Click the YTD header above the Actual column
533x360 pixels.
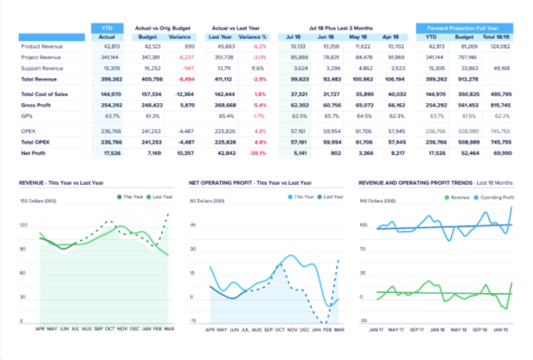pyautogui.click(x=107, y=28)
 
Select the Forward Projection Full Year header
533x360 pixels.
pyautogui.click(x=464, y=28)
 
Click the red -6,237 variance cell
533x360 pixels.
pyautogui.click(x=185, y=57)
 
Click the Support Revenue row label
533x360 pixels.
pyautogui.click(x=42, y=68)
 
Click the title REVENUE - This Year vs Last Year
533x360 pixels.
pyautogui.click(x=61, y=183)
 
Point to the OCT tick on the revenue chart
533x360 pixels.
pyautogui.click(x=109, y=329)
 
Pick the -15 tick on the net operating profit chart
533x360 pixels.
pyautogui.click(x=193, y=321)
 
